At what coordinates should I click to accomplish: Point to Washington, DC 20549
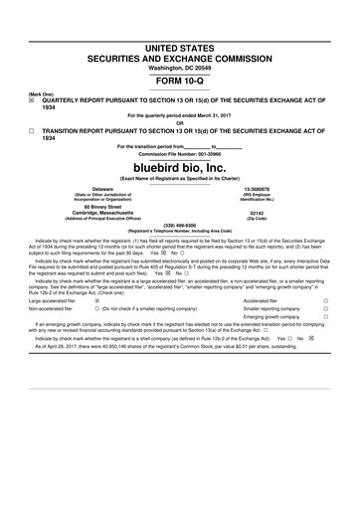(x=180, y=67)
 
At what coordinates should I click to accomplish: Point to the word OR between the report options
(x=180, y=123)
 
